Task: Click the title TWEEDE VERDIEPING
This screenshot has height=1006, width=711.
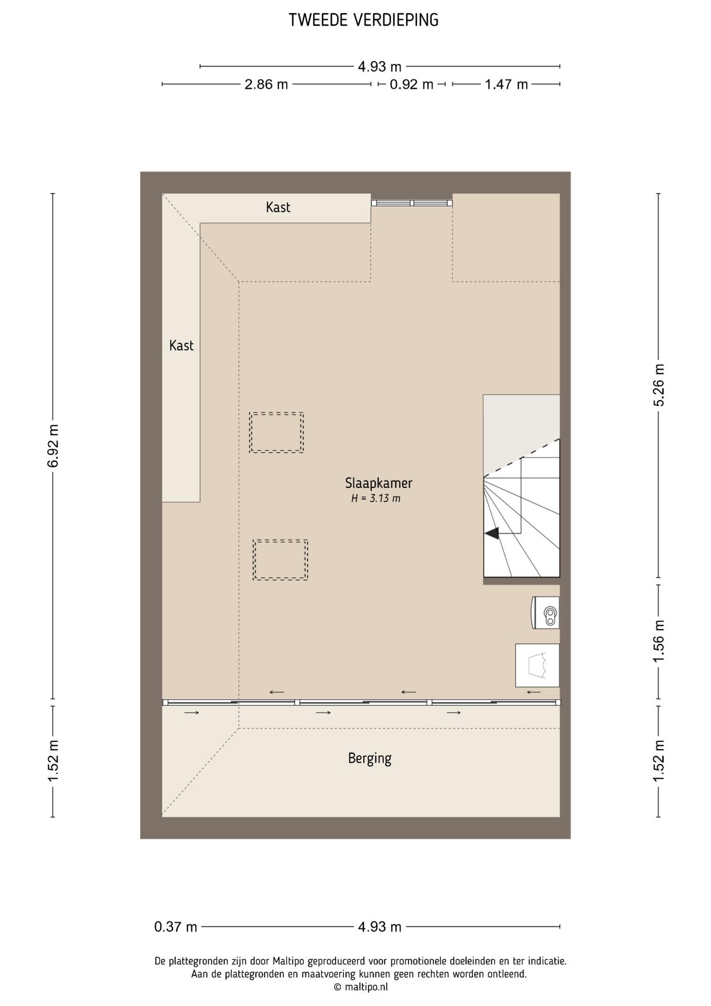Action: click(x=363, y=20)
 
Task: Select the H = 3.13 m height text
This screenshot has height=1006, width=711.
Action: click(x=375, y=498)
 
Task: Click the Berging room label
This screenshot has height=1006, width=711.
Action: click(x=370, y=759)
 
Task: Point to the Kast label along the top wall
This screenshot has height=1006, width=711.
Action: click(x=278, y=207)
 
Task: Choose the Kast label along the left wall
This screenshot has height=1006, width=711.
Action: click(x=181, y=346)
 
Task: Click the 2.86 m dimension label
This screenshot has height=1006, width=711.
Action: click(x=266, y=84)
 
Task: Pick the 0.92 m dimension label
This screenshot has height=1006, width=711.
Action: click(x=412, y=84)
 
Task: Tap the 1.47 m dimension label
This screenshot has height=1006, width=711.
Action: click(x=506, y=84)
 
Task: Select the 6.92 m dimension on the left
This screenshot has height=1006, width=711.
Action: click(x=53, y=446)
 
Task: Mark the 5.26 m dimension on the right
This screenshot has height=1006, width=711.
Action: click(x=659, y=385)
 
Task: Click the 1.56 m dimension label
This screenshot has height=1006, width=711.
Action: click(x=659, y=640)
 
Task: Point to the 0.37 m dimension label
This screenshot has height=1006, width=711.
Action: click(x=175, y=927)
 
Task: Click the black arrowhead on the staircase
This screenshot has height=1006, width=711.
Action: click(x=492, y=533)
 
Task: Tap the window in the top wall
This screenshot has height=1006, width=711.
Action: click(x=412, y=203)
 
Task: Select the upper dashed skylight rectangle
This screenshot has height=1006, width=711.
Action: click(x=276, y=432)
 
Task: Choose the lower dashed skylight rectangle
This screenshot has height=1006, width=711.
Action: click(x=280, y=560)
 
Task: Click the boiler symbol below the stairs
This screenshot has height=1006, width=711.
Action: click(x=546, y=613)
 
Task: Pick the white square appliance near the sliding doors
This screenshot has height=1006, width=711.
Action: click(x=537, y=665)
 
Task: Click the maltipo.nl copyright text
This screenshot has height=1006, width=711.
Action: click(x=361, y=987)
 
